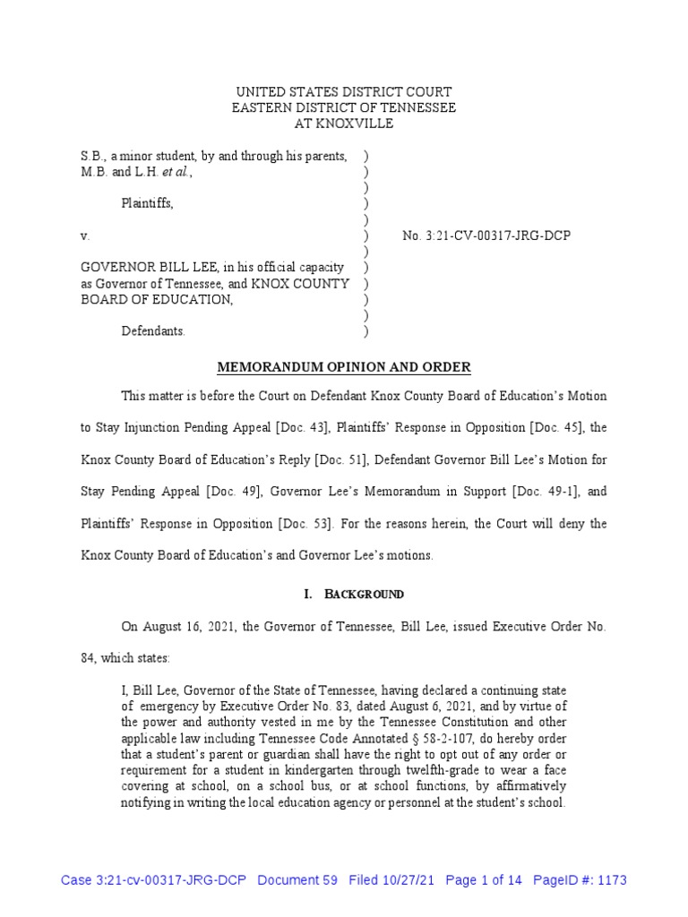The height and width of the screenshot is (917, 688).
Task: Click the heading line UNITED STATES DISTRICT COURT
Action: tap(344, 92)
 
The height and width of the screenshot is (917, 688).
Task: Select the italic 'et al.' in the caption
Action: tap(176, 172)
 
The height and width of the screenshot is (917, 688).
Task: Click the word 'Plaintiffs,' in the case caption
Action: tap(148, 203)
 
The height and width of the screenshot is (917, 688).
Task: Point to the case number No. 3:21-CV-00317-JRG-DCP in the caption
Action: tap(486, 236)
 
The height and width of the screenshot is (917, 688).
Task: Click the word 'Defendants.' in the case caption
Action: tap(153, 331)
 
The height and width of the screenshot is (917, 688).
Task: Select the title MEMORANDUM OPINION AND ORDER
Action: tap(344, 368)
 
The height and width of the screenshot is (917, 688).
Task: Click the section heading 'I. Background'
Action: tap(344, 594)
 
